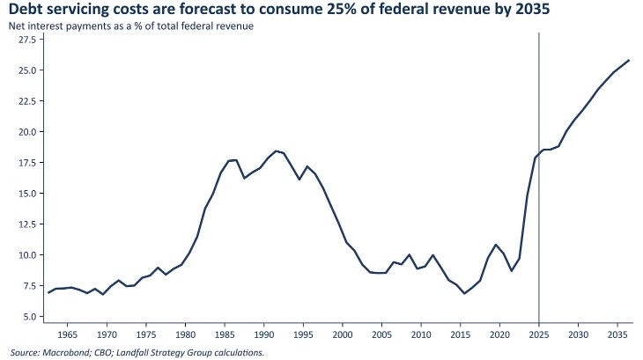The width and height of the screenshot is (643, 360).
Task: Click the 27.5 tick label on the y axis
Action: (27, 40)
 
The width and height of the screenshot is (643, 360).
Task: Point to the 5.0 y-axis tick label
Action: (29, 317)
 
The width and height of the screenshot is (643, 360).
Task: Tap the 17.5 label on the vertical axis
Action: (27, 163)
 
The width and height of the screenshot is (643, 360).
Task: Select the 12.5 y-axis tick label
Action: (27, 224)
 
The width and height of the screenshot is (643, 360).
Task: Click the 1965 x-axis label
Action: (67, 334)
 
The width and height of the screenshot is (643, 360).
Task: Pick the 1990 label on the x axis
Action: (263, 334)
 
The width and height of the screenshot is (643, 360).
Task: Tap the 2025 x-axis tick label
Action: (539, 334)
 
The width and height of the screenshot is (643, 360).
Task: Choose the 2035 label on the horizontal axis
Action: (617, 334)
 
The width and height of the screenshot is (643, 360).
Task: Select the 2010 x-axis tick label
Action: (421, 334)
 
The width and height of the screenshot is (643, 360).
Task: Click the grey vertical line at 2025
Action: (539, 177)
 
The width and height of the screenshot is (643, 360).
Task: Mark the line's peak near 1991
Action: (276, 151)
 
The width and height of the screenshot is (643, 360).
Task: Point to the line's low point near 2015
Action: (464, 293)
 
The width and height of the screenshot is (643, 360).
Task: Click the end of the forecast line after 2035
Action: (629, 60)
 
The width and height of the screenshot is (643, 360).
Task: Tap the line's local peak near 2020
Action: (496, 245)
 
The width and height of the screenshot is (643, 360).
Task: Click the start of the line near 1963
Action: (48, 292)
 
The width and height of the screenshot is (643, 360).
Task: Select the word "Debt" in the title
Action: (24, 8)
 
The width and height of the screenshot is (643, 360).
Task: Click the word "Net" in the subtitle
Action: (15, 26)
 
